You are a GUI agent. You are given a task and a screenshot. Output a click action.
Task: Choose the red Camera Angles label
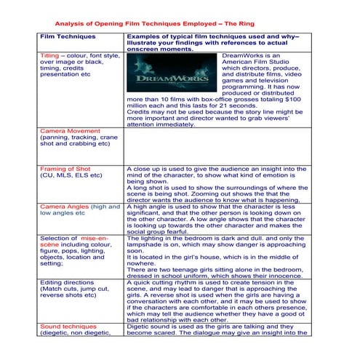(65, 207)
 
